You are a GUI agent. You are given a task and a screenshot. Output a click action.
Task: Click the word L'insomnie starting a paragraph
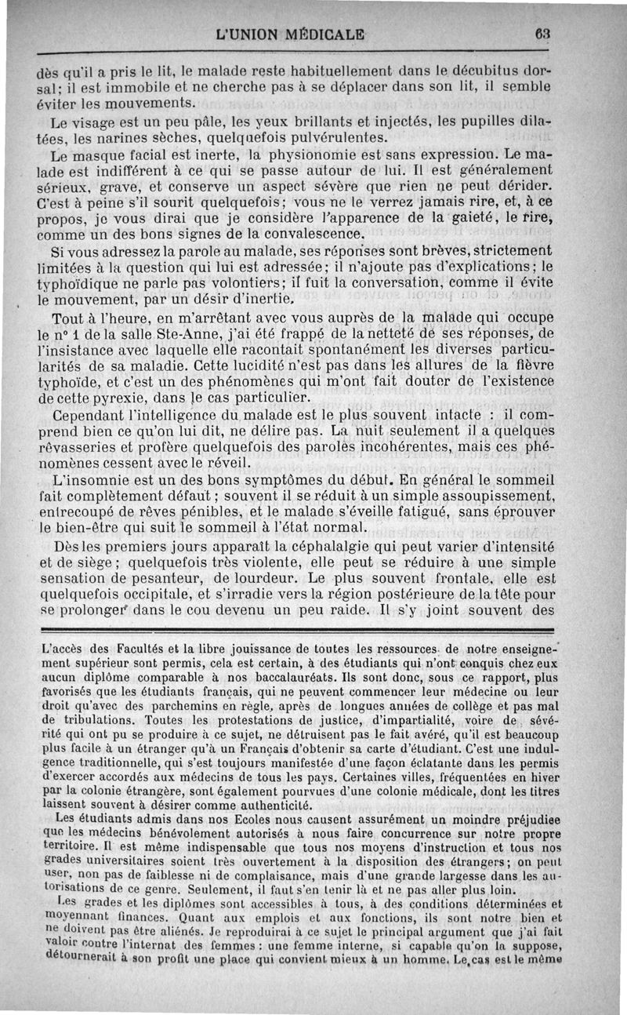[x=85, y=479]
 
